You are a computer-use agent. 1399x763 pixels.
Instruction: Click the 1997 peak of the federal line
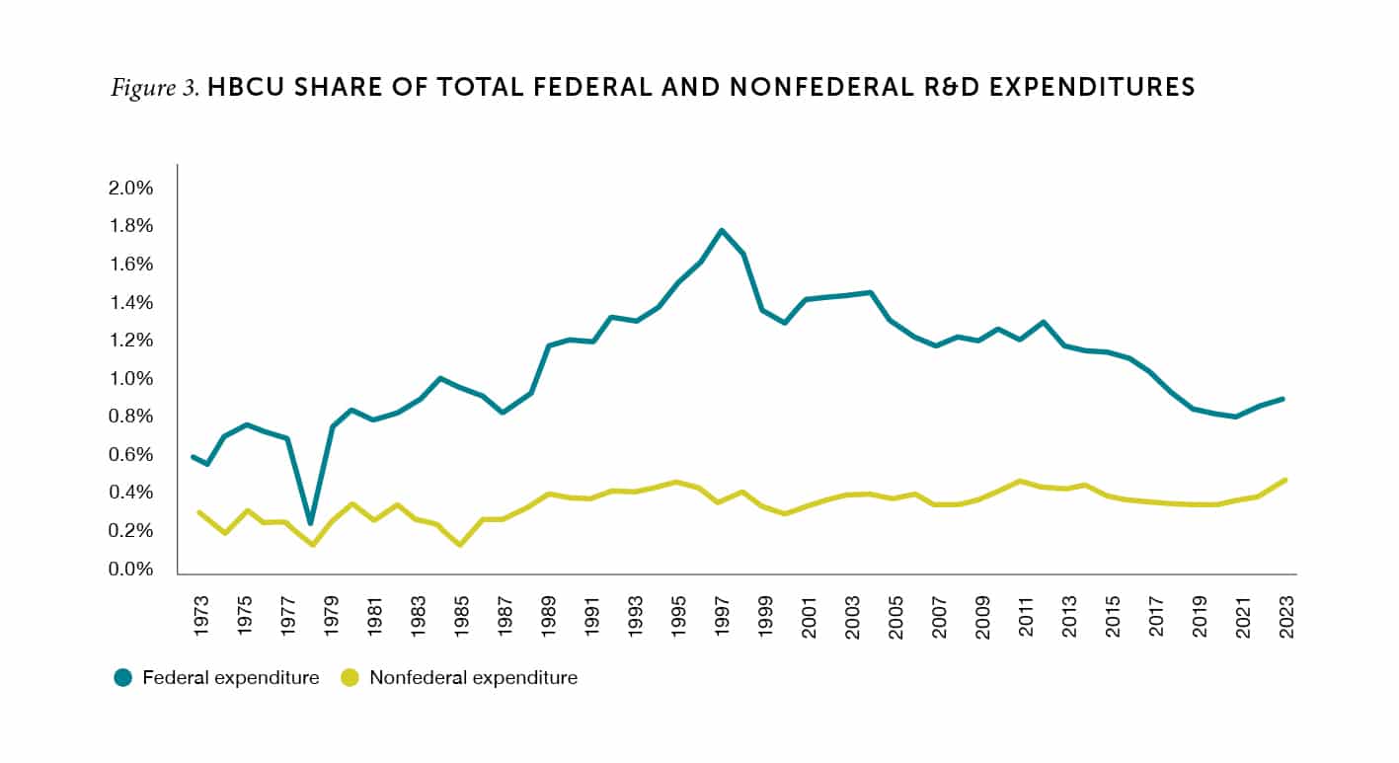click(722, 231)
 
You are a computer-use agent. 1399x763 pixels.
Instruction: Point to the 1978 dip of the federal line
click(310, 522)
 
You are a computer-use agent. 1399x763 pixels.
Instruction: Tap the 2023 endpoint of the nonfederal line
click(1285, 481)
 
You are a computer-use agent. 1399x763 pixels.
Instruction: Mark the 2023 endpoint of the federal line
click(1285, 399)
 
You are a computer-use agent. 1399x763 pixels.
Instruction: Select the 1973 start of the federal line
click(193, 456)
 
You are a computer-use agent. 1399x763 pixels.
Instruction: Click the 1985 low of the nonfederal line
click(460, 544)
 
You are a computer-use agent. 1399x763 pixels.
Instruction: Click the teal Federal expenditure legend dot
click(122, 678)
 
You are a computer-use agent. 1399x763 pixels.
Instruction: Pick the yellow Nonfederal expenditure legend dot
click(349, 678)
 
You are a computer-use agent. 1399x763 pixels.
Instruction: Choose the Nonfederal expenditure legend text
click(473, 678)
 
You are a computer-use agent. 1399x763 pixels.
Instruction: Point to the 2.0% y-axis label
click(131, 188)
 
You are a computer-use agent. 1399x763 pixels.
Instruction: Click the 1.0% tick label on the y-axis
click(131, 379)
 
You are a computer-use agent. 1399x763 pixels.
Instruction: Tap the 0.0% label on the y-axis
click(131, 570)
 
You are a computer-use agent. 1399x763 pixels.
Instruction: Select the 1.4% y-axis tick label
click(131, 302)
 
